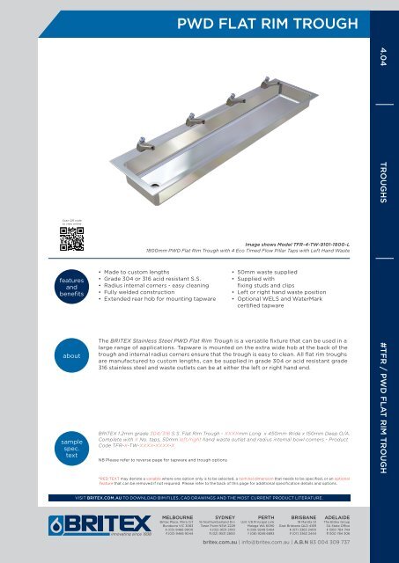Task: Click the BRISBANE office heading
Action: [318, 517]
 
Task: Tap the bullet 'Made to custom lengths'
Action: [145, 247]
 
